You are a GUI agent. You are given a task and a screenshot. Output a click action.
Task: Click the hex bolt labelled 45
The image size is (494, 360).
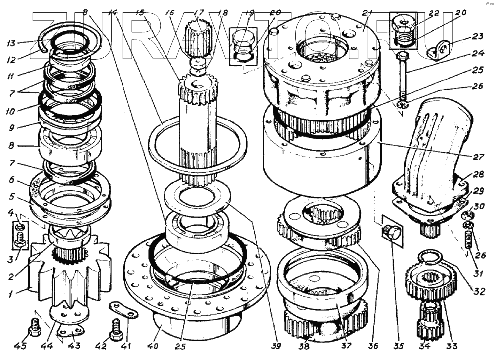pos(34,327)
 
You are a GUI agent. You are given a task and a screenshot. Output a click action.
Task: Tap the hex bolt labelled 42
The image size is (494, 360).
pos(117,329)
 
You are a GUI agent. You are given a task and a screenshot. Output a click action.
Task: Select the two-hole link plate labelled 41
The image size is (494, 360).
pos(123,310)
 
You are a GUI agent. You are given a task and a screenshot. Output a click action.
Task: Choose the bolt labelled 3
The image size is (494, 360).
pos(20,241)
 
